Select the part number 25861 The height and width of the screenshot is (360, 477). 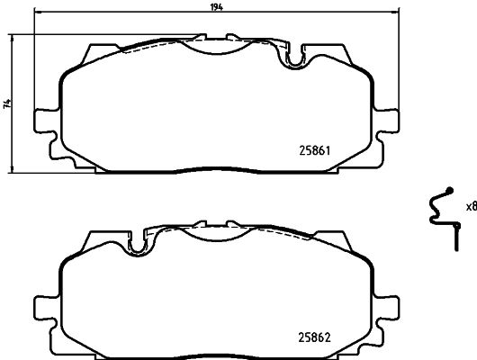[x=318, y=151]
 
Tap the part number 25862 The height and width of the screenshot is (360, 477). [x=318, y=338]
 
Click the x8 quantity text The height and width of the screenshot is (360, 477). [x=469, y=207]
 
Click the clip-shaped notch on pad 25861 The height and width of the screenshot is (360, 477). [x=292, y=59]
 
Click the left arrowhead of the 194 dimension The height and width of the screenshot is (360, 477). [x=35, y=13]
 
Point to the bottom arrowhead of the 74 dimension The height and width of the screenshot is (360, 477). [x=13, y=171]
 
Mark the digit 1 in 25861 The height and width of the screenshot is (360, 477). [x=333, y=151]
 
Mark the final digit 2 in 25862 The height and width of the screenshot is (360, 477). [x=333, y=338]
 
